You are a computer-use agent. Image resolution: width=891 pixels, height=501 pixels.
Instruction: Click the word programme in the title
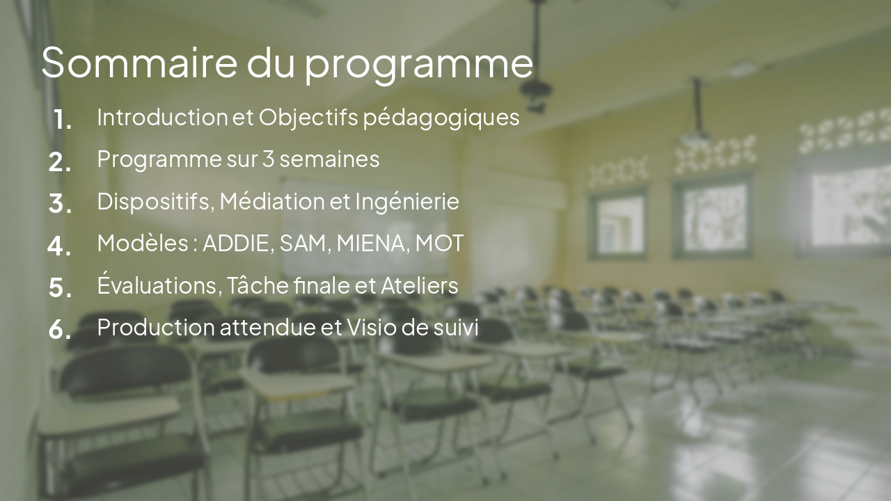(419, 64)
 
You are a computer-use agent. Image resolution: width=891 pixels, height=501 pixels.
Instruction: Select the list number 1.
(63, 120)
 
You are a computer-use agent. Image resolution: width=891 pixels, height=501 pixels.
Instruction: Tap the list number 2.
(60, 162)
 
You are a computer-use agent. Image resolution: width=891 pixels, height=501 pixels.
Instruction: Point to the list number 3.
(60, 204)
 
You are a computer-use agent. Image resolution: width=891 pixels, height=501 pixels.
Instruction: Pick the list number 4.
(59, 246)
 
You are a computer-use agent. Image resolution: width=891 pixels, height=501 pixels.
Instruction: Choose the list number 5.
(60, 287)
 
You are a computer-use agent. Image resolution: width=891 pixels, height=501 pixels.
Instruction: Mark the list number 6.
(60, 330)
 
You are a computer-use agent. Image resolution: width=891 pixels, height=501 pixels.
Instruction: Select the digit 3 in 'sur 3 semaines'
(268, 159)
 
